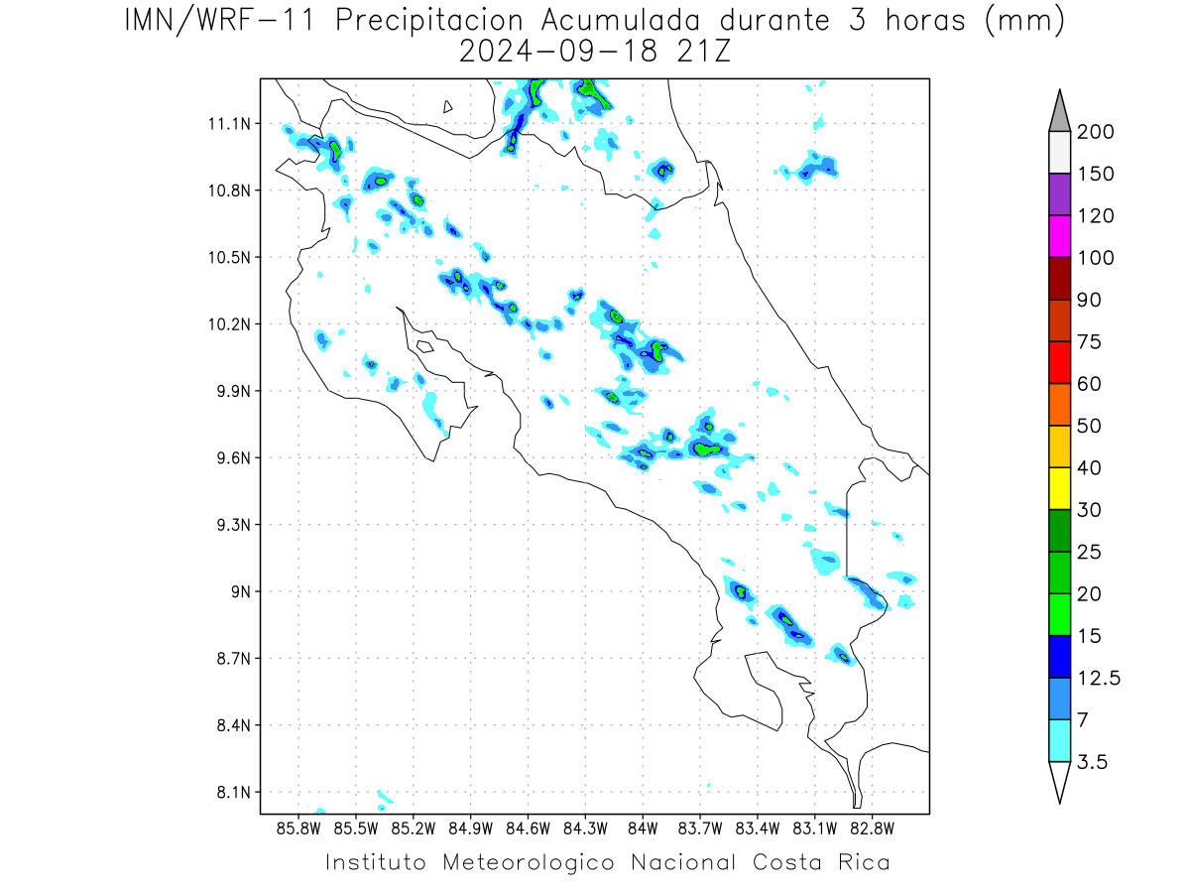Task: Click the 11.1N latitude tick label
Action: point(229,124)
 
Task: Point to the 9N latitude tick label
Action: point(241,591)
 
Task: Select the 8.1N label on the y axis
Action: point(234,792)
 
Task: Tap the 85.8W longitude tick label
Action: point(298,829)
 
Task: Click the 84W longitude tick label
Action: point(643,829)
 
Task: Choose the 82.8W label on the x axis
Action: point(872,829)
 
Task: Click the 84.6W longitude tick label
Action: point(528,829)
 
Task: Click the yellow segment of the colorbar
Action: point(1059,488)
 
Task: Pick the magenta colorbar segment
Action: point(1059,236)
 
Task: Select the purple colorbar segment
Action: point(1059,194)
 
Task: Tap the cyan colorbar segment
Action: point(1059,740)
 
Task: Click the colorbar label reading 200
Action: point(1095,132)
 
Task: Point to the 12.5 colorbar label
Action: point(1099,679)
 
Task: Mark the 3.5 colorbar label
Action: point(1092,762)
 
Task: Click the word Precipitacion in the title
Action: point(428,21)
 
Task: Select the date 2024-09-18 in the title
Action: point(558,53)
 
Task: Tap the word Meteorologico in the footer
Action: point(528,863)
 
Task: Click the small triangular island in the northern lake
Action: point(446,107)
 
